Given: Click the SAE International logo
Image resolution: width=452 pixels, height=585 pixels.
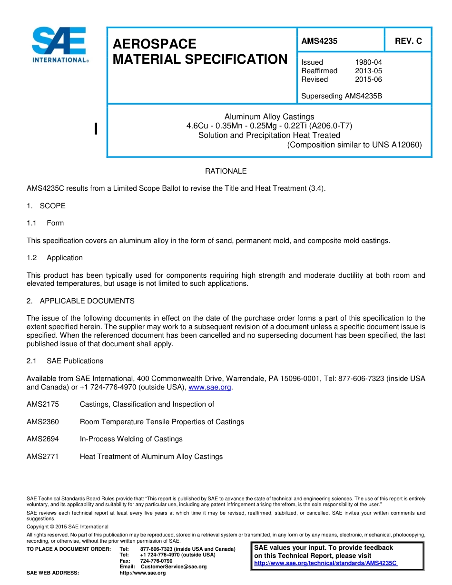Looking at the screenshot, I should (x=59, y=46).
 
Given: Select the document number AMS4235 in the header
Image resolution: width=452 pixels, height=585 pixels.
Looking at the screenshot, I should (x=319, y=41).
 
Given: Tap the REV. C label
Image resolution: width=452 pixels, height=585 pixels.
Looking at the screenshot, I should (x=408, y=41).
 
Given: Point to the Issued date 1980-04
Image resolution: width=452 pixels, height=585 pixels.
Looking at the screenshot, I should (x=368, y=62).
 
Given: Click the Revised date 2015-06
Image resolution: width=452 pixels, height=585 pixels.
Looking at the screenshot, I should (x=368, y=79).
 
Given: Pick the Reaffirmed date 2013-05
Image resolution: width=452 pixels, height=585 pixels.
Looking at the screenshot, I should (x=368, y=71).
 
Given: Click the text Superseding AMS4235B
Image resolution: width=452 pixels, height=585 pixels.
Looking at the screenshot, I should (x=342, y=96).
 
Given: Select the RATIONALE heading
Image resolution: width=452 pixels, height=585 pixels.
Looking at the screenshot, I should (x=226, y=171).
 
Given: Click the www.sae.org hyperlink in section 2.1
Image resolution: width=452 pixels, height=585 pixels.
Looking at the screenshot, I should (x=210, y=387).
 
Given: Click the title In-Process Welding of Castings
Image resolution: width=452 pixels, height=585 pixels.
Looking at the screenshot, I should (x=131, y=439).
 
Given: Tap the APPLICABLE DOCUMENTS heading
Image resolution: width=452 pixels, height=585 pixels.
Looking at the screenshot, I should (x=87, y=301).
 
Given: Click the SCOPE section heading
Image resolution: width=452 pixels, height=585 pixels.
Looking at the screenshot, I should (x=53, y=206).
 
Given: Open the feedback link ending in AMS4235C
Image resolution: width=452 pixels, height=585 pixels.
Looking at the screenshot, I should (x=325, y=563).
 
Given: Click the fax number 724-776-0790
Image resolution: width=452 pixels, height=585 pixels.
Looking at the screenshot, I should (x=156, y=561).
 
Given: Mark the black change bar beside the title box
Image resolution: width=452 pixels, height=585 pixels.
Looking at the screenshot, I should (x=96, y=129).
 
